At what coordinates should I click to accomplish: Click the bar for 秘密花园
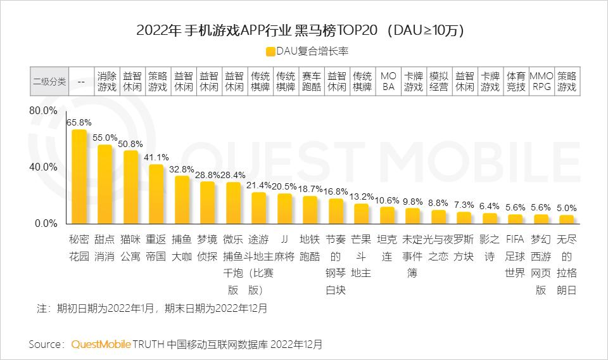click(x=79, y=177)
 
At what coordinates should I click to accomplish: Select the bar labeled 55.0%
click(x=104, y=184)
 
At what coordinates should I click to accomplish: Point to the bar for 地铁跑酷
click(x=310, y=210)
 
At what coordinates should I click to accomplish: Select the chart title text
click(x=304, y=29)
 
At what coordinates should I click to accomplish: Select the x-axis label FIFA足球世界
click(x=516, y=257)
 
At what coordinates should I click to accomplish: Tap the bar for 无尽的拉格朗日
click(x=566, y=219)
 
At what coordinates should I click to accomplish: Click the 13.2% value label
click(x=362, y=196)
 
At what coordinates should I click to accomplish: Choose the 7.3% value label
click(x=464, y=205)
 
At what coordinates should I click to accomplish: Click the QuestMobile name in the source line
click(x=101, y=345)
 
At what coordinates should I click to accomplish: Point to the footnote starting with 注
click(x=152, y=309)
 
